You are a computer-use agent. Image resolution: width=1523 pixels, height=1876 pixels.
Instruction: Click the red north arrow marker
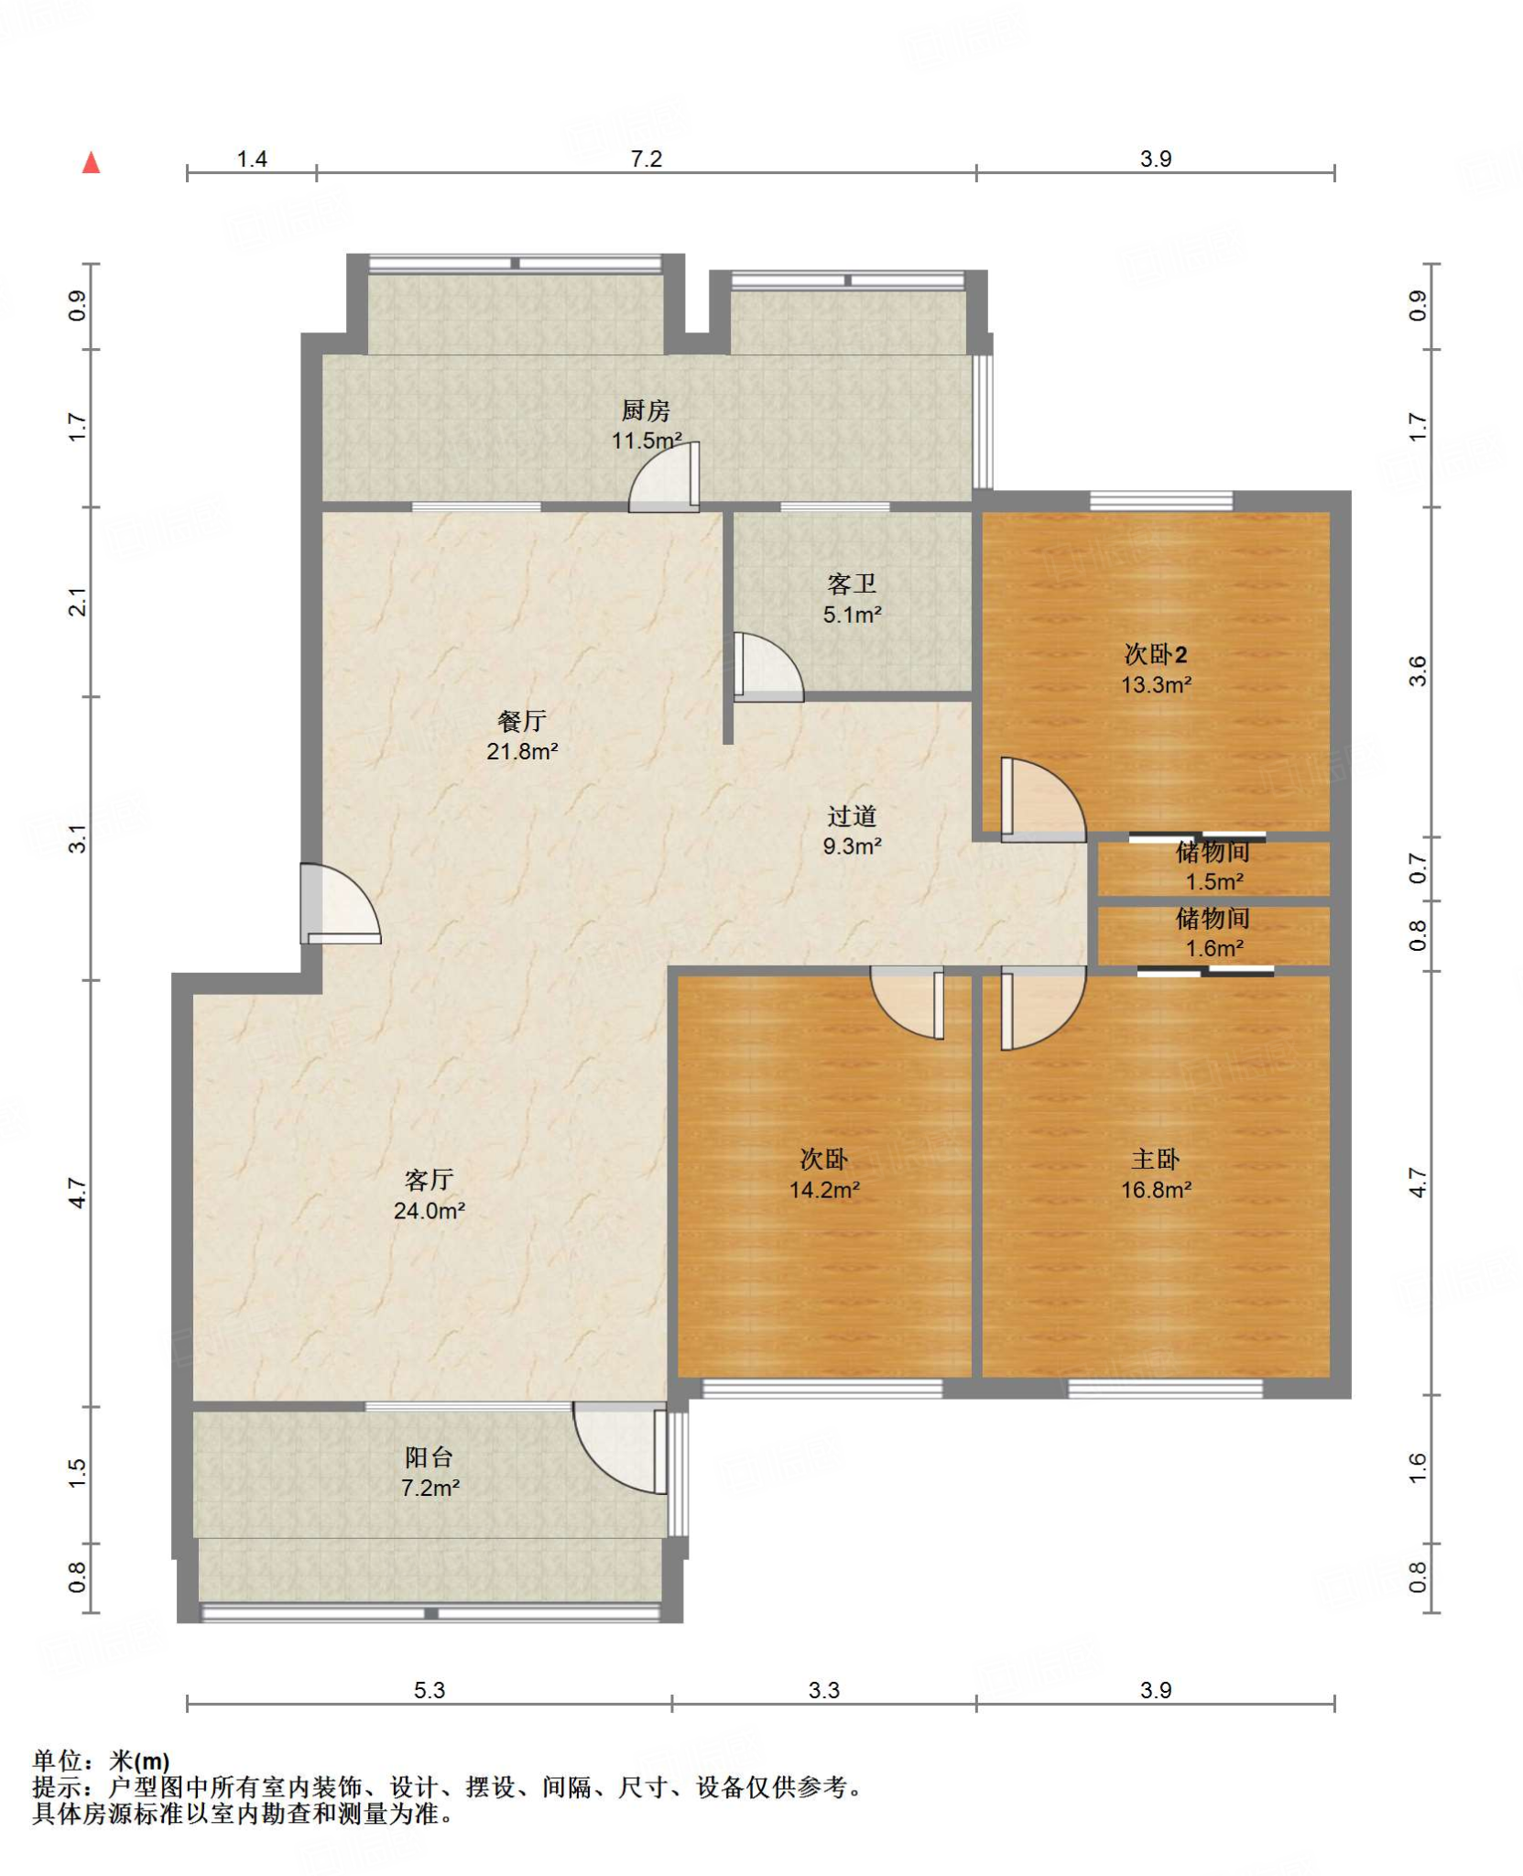pyautogui.click(x=91, y=163)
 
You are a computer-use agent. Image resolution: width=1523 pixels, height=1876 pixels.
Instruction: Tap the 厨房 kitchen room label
pyautogui.click(x=646, y=410)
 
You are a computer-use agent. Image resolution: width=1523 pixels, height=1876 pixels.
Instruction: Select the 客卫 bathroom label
pyautogui.click(x=852, y=584)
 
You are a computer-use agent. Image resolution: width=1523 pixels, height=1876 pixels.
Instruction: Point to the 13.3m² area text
pyautogui.click(x=1156, y=684)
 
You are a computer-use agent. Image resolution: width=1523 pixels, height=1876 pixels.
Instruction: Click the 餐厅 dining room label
pyautogui.click(x=522, y=721)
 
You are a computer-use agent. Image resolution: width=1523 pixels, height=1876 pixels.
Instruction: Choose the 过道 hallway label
pyautogui.click(x=852, y=815)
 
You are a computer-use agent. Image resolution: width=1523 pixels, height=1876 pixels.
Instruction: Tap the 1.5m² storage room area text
pyautogui.click(x=1214, y=881)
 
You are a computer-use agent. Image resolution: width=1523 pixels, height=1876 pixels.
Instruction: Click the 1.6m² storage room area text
pyautogui.click(x=1214, y=948)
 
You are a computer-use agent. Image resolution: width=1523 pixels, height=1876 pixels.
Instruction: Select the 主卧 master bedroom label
pyautogui.click(x=1156, y=1159)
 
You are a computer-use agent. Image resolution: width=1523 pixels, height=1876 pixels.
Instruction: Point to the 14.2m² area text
pyautogui.click(x=824, y=1190)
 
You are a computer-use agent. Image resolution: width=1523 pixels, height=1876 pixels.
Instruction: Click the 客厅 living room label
pyautogui.click(x=429, y=1180)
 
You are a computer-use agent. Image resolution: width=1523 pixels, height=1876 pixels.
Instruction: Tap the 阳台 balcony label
pyautogui.click(x=429, y=1456)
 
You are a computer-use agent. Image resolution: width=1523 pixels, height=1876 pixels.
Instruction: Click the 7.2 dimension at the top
pyautogui.click(x=646, y=158)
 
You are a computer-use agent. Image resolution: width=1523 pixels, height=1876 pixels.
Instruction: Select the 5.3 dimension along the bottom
pyautogui.click(x=429, y=1690)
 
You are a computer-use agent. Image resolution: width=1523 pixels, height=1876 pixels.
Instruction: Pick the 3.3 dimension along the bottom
pyautogui.click(x=823, y=1690)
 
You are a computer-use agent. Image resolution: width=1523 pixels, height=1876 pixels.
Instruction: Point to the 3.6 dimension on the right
pyautogui.click(x=1418, y=671)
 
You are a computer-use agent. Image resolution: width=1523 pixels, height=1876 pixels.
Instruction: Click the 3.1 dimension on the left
pyautogui.click(x=78, y=839)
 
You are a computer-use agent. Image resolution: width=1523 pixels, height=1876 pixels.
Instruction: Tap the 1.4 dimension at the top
pyautogui.click(x=252, y=158)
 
